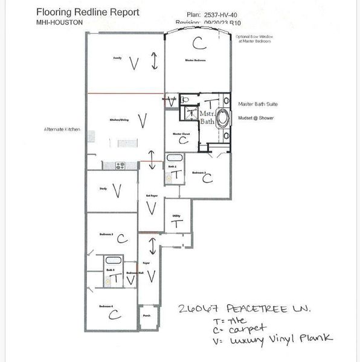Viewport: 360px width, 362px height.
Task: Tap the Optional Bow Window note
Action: (x=254, y=39)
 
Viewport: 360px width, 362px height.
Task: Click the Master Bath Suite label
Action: (x=257, y=104)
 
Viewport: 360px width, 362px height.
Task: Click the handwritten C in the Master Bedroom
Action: (x=197, y=42)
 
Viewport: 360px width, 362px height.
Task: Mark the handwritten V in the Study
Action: (x=117, y=191)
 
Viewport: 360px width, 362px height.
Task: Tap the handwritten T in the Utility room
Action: (x=177, y=224)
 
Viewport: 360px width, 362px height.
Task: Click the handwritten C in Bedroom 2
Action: (x=207, y=178)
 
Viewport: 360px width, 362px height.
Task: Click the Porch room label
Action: (x=147, y=315)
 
